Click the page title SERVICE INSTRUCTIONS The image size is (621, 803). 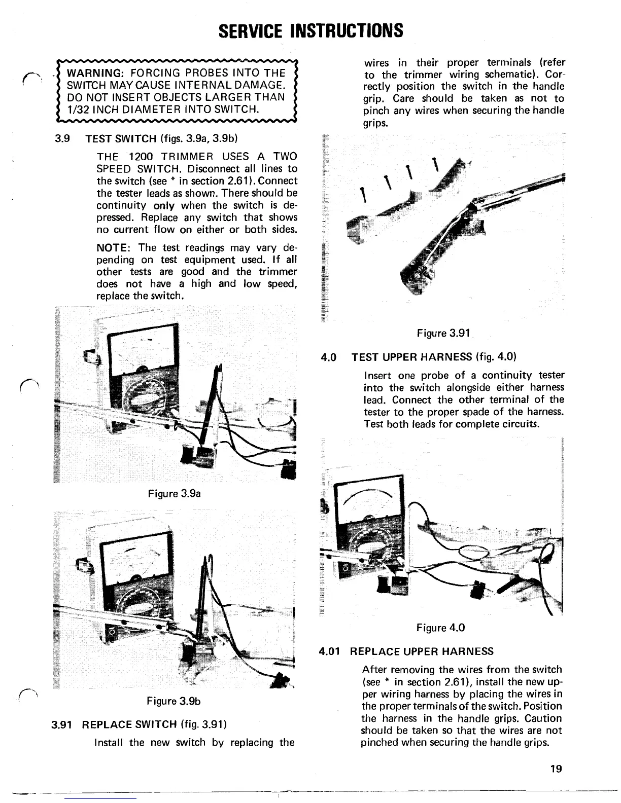pos(310,30)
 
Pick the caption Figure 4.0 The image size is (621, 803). pos(440,628)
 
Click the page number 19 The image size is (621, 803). pos(556,769)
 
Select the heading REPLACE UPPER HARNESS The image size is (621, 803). pos(422,651)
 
